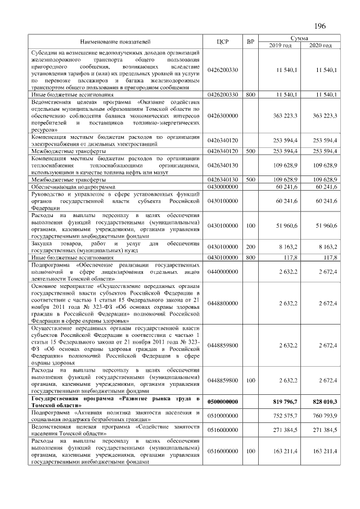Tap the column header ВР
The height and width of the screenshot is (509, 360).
point(251,42)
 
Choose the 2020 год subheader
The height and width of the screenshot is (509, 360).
point(320,46)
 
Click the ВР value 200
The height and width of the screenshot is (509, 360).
point(251,246)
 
